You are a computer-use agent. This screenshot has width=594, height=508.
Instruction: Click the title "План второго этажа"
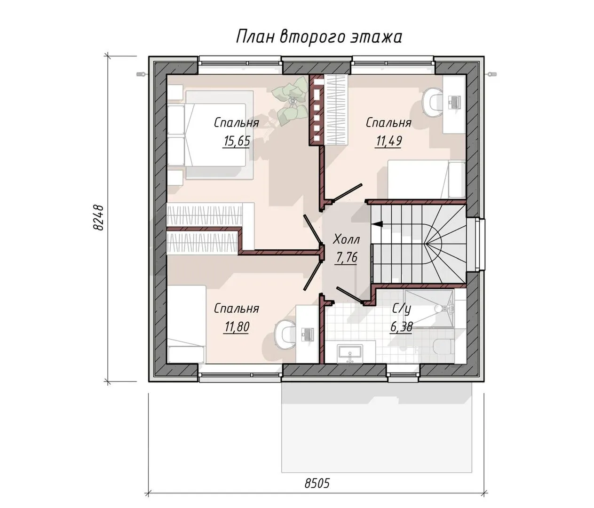tap(319, 37)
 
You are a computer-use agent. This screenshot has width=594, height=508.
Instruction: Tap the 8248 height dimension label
tap(98, 218)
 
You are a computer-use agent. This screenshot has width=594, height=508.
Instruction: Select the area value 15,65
tap(237, 141)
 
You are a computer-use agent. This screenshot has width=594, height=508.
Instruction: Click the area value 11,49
tap(388, 141)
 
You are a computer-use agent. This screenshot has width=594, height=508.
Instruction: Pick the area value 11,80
tap(237, 327)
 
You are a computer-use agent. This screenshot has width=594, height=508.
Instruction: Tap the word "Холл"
tap(346, 239)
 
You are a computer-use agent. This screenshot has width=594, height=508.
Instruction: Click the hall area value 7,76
tap(346, 257)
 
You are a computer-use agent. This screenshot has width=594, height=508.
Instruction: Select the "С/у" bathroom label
tap(402, 309)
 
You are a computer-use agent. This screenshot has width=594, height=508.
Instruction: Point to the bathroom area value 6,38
tap(401, 327)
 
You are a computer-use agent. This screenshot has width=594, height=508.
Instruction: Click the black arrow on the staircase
tap(378, 224)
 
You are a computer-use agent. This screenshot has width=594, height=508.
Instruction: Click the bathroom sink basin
tap(350, 354)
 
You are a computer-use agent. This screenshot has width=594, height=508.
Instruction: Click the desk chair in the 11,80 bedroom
tap(285, 334)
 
